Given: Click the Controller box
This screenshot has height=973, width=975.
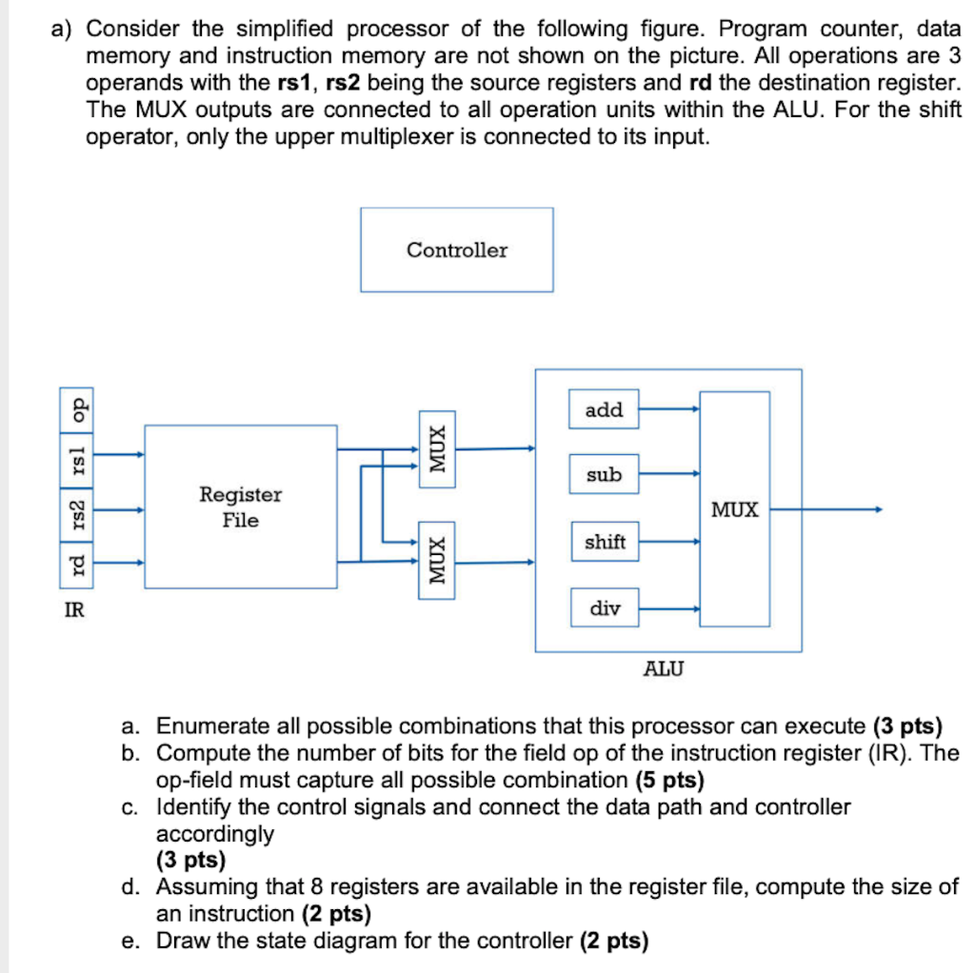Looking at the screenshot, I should click(456, 249).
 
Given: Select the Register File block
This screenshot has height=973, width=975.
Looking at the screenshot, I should click(240, 506).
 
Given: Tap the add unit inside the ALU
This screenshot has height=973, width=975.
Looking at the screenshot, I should click(604, 410).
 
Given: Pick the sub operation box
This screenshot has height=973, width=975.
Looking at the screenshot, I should click(604, 474).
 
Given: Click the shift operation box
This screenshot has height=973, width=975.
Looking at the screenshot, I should click(604, 542).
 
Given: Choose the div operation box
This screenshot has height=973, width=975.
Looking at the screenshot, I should click(604, 607).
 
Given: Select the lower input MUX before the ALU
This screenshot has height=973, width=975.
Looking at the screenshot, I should click(436, 561).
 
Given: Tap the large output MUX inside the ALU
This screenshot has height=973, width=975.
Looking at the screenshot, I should click(735, 509).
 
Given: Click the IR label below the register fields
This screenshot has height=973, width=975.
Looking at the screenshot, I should click(73, 611).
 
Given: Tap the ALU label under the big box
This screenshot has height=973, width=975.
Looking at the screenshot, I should click(664, 668).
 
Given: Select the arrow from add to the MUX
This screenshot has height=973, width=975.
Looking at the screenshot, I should click(669, 409).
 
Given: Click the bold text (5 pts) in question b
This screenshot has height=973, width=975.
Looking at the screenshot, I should click(668, 781).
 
